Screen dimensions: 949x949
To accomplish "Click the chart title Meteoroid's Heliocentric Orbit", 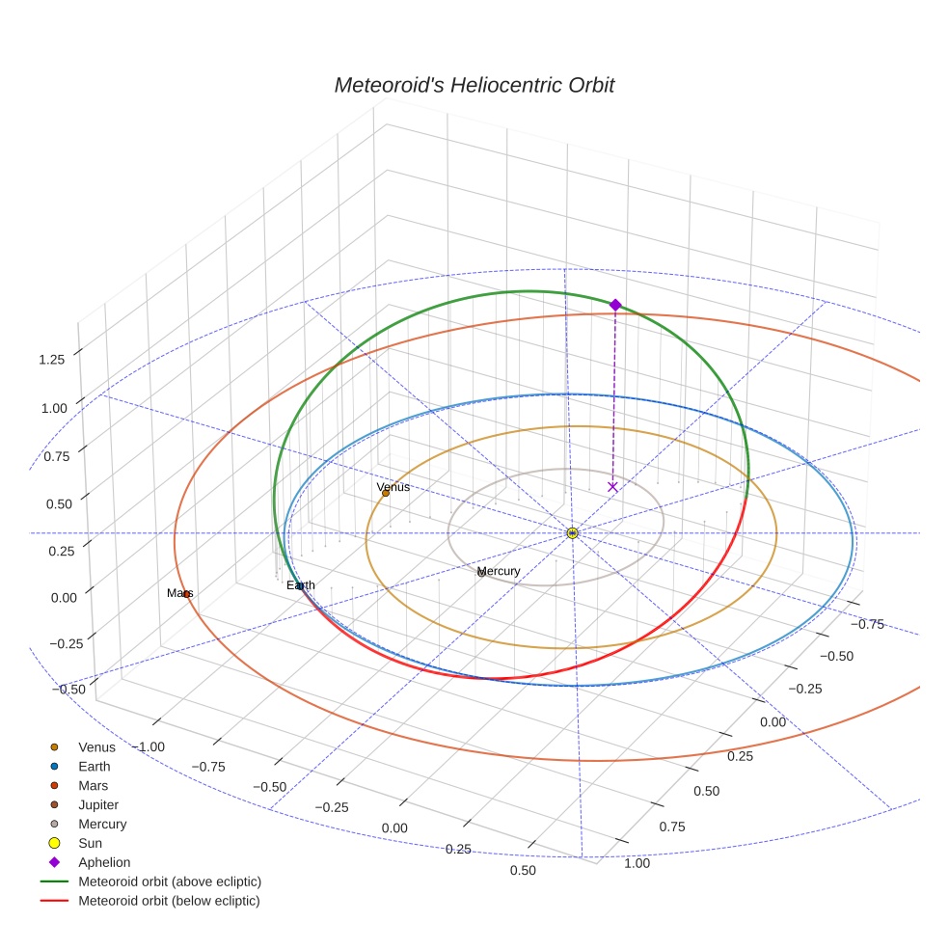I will (474, 85).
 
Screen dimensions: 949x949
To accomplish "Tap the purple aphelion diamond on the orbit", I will (615, 305).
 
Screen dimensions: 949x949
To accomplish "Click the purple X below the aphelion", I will (612, 487).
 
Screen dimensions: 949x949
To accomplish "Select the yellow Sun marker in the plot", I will (573, 532).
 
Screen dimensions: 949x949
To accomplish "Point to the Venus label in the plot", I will (393, 487).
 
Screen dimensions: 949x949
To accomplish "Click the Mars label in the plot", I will (180, 593).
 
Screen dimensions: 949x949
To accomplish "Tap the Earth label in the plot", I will (300, 585).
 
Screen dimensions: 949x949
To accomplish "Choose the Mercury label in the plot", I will (499, 571).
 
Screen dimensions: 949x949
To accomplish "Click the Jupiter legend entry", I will (98, 804).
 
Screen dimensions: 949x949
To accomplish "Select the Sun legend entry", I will (90, 843).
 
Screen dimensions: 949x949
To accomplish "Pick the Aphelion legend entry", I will (104, 862).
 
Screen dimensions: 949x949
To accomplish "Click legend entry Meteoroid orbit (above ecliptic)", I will (170, 881).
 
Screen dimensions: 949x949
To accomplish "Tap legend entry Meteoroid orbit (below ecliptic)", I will (169, 901).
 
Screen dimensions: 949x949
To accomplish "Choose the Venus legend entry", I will (96, 746).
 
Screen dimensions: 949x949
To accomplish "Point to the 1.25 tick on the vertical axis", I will (51, 360).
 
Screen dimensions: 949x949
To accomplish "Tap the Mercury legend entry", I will (102, 824).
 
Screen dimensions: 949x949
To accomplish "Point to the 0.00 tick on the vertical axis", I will (65, 598).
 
